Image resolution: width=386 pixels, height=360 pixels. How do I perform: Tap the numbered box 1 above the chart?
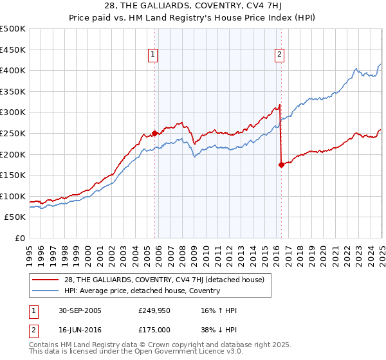click(x=153, y=55)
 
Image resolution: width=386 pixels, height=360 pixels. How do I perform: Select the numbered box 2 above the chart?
click(x=280, y=55)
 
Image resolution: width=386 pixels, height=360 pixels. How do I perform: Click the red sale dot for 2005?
click(x=155, y=133)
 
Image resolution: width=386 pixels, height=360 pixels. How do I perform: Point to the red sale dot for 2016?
click(x=281, y=165)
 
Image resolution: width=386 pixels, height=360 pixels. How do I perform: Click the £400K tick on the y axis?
click(x=14, y=70)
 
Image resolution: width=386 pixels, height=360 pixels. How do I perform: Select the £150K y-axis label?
click(x=14, y=175)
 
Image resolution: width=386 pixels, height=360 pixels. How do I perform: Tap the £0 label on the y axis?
click(x=21, y=238)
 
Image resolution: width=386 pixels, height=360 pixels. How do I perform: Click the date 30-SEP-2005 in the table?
click(x=80, y=310)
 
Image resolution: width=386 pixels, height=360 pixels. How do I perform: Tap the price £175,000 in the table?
click(x=156, y=328)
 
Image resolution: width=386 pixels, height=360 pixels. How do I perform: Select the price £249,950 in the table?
click(x=156, y=310)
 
